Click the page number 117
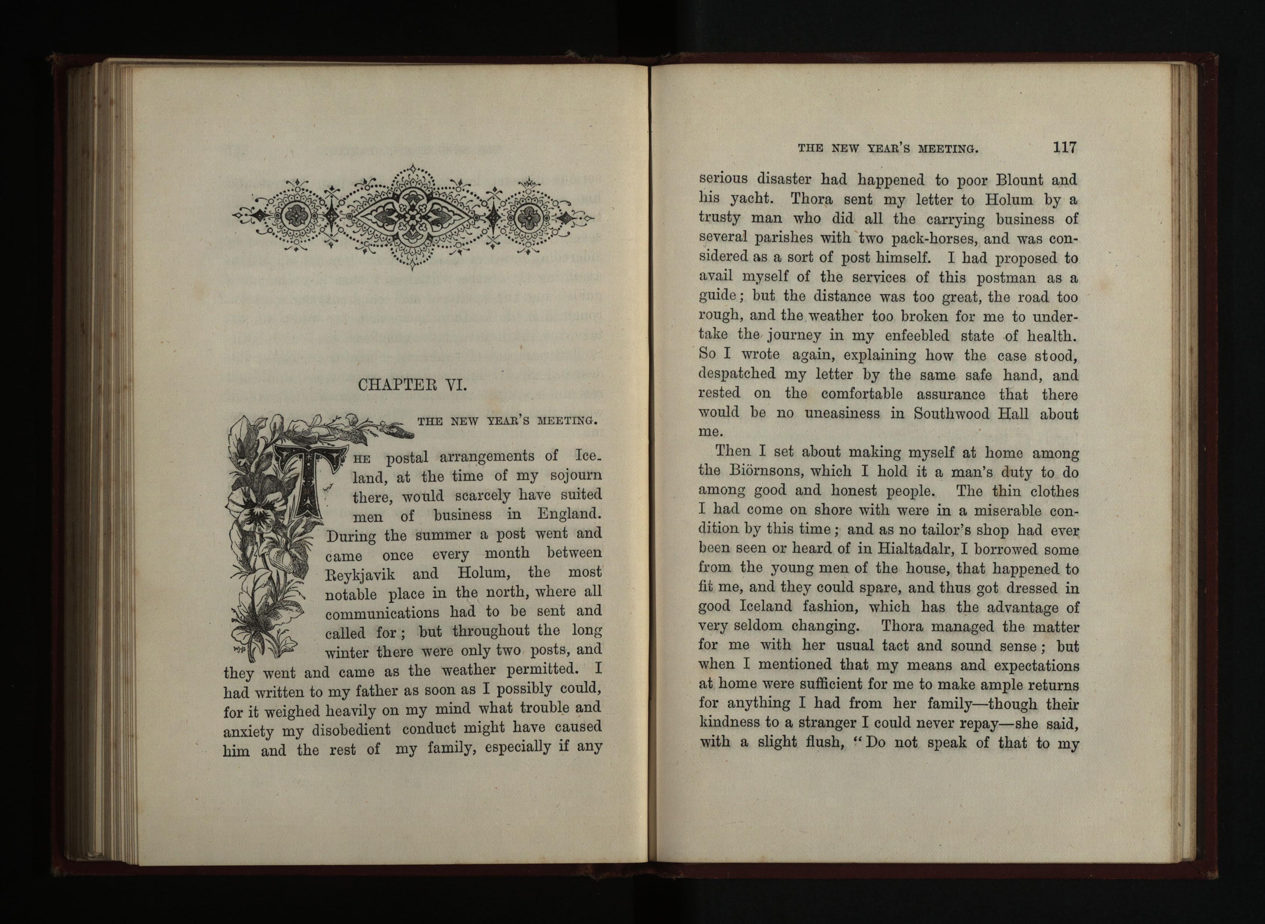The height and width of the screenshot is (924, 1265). pos(1064,148)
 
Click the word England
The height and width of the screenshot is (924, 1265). pos(569,513)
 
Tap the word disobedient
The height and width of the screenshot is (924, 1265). pos(351,730)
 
